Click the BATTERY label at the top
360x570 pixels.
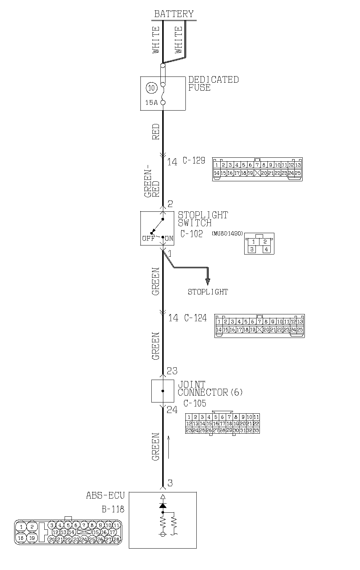tap(174, 14)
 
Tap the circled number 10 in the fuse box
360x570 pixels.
tap(151, 87)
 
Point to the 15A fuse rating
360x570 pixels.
tap(151, 103)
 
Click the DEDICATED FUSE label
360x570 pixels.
tap(213, 83)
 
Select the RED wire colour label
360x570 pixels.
tap(156, 132)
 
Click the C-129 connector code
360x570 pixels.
tap(194, 161)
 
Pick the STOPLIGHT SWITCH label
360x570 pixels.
tap(202, 219)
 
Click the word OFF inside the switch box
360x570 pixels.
tap(148, 239)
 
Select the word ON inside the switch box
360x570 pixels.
tap(169, 239)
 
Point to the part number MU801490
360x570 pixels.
tap(227, 234)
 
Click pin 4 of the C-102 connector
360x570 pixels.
tap(266, 249)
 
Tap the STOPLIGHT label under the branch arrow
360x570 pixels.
tap(208, 292)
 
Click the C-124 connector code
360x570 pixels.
tap(195, 318)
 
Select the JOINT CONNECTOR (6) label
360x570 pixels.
tap(210, 388)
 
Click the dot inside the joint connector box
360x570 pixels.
tap(163, 391)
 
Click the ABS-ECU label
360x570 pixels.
tap(105, 495)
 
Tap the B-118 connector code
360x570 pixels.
tap(113, 509)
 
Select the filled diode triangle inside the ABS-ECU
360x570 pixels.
tap(163, 505)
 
